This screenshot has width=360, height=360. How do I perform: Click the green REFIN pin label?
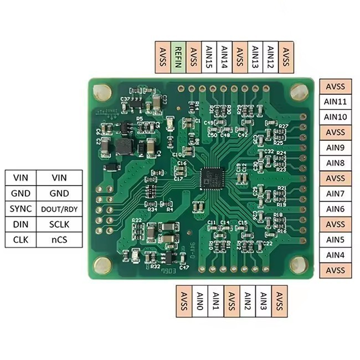(179, 56)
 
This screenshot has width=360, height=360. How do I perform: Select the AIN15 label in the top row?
(209, 56)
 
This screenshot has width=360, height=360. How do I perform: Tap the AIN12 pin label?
(271, 56)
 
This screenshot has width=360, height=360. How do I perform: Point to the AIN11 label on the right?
(336, 102)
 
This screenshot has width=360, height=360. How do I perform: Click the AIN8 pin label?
(336, 163)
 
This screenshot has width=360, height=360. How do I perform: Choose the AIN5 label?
(336, 240)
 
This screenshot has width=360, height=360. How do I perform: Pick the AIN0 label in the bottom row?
(200, 301)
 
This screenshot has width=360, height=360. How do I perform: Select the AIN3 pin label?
(263, 301)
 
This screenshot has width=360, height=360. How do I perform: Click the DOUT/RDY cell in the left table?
(59, 209)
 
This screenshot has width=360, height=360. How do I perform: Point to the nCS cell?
(59, 240)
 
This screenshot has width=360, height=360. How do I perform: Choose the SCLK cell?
(59, 224)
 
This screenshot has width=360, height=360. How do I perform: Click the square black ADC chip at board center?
(212, 178)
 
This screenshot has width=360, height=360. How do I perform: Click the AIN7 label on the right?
(336, 194)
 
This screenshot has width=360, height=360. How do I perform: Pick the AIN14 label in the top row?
(224, 56)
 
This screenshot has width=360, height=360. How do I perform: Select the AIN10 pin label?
(336, 117)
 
